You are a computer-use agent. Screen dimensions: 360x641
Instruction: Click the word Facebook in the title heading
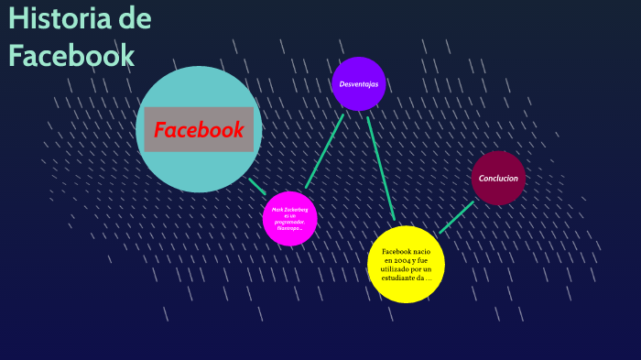click(71, 55)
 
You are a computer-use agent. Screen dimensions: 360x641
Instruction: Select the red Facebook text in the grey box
click(199, 129)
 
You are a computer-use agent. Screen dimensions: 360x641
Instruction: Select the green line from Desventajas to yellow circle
click(380, 166)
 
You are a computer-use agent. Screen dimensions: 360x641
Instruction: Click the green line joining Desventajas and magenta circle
click(324, 150)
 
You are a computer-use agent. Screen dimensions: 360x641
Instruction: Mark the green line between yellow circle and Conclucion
click(456, 217)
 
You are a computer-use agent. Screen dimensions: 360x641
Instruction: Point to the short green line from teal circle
click(256, 186)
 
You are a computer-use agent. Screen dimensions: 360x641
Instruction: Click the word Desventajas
click(359, 84)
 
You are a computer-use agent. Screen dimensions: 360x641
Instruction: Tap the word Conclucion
click(498, 179)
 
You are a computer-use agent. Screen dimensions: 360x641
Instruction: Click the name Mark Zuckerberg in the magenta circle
click(289, 209)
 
